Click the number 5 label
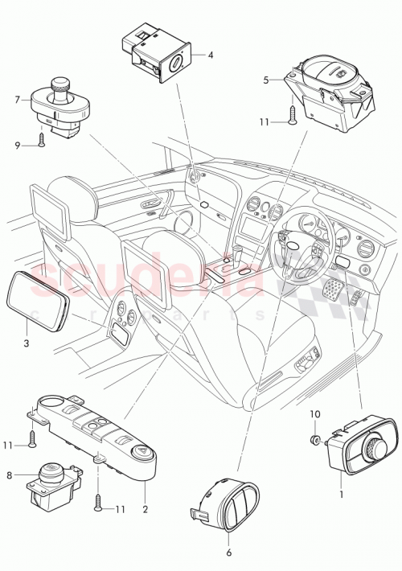click(x=266, y=80)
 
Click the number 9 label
click(x=17, y=145)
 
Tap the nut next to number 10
click(x=316, y=439)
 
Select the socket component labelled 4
click(x=156, y=54)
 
